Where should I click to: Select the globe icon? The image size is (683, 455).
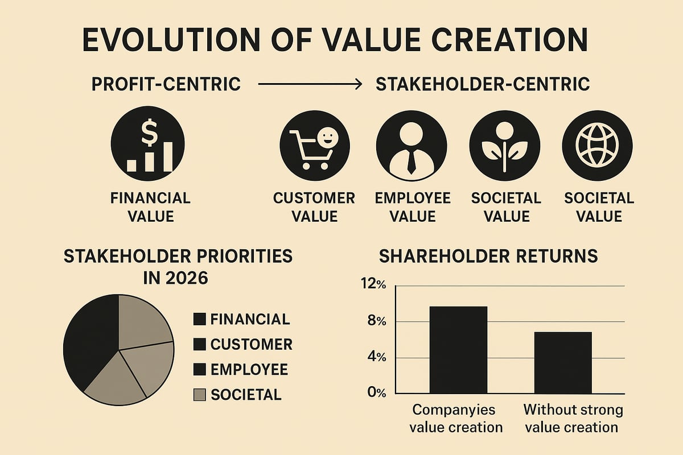pos(597,142)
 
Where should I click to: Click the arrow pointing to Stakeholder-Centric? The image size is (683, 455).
pos(310,85)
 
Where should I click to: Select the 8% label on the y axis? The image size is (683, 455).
pos(376,321)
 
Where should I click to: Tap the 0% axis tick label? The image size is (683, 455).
pos(376,392)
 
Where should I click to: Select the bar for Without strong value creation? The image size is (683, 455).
pos(563,362)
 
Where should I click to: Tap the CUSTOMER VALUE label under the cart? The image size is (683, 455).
pos(314,207)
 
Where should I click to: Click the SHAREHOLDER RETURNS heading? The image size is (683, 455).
pos(488,256)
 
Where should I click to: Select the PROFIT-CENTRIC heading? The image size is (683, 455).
pos(166,85)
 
